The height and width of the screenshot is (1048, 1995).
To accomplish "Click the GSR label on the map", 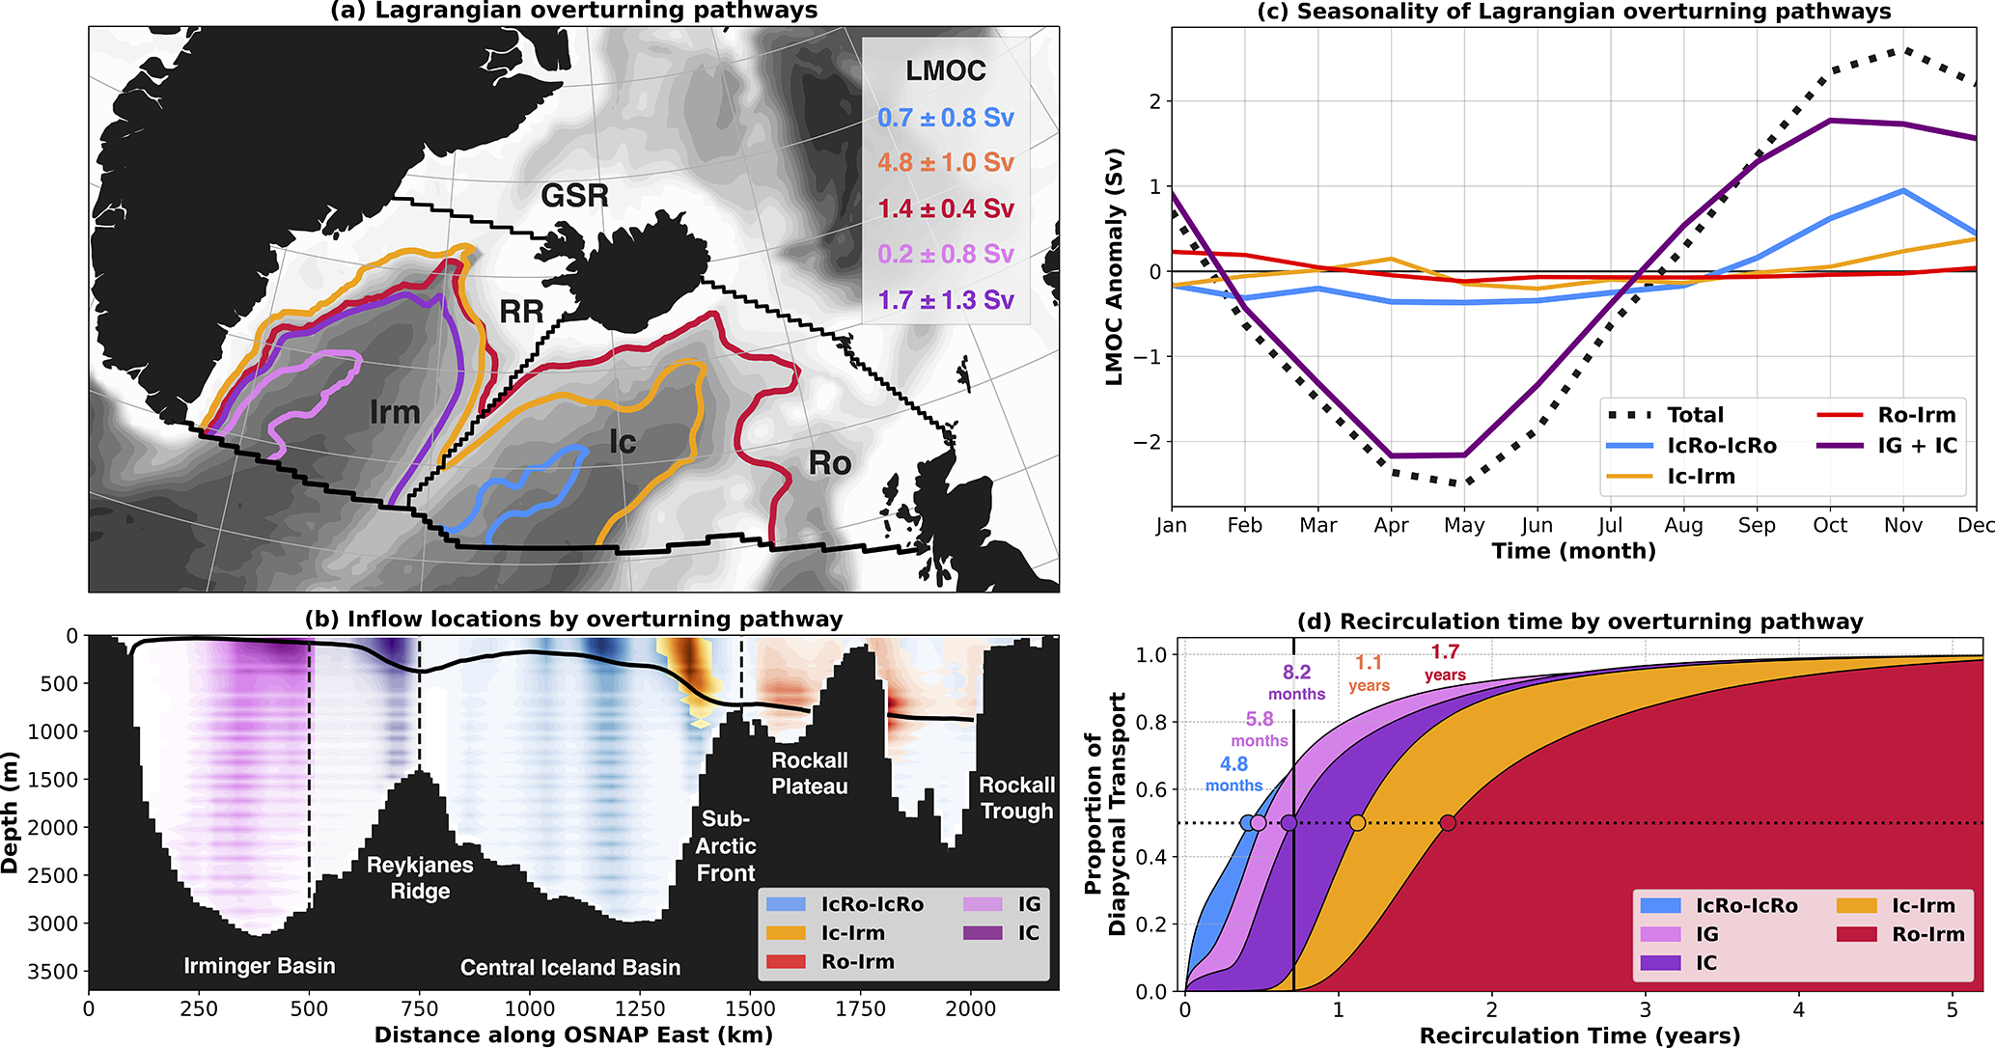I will point(574,196).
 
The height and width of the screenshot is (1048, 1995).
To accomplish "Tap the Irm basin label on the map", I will point(395,413).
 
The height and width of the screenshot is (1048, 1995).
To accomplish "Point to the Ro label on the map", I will point(829,463).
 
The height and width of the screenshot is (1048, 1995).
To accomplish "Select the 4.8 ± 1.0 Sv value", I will point(945,162).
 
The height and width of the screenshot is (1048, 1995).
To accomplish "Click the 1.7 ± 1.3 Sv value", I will point(945,300).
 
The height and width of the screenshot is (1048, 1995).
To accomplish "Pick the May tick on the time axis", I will point(1463,526).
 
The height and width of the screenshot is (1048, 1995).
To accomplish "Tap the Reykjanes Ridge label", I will point(420,877).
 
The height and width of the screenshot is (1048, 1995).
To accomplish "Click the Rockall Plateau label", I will point(809,773).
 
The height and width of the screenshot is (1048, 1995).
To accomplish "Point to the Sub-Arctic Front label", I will point(726,845).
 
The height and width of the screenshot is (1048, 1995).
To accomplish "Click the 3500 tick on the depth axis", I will point(52,972).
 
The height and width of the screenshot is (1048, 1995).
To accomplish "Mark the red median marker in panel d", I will point(1447,823).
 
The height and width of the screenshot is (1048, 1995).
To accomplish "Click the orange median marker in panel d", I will point(1357,823).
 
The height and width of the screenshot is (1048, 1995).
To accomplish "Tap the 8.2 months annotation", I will point(1296,682).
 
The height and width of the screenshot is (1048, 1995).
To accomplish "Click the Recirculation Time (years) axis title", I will point(1580,1036).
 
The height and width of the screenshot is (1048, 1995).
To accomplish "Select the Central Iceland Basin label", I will point(569,967).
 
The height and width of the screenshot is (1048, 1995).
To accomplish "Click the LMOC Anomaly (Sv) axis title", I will point(1115,267).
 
